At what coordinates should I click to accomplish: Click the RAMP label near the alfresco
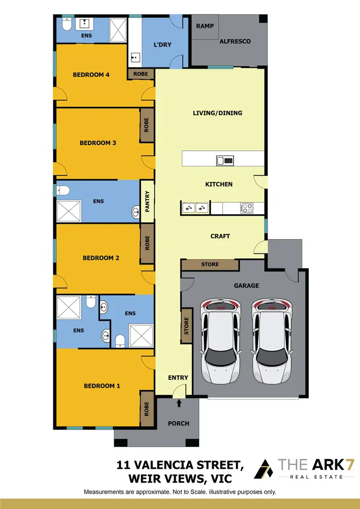click(x=205, y=26)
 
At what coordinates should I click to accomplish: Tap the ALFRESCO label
click(x=235, y=42)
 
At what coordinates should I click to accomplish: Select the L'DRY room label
click(x=162, y=45)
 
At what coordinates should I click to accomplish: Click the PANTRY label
click(x=147, y=201)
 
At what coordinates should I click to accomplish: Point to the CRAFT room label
click(x=220, y=236)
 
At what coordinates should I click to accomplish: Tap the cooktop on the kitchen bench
click(x=247, y=208)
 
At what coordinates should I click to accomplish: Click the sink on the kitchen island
click(x=225, y=160)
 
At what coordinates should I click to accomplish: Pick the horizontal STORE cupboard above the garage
click(x=210, y=265)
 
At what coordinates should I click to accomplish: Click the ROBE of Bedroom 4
click(x=141, y=74)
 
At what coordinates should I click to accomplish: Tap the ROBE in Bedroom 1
click(x=147, y=409)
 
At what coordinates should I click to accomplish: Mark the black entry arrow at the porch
click(x=179, y=403)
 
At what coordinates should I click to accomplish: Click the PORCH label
click(x=179, y=424)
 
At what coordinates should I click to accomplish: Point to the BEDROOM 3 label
click(x=98, y=143)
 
